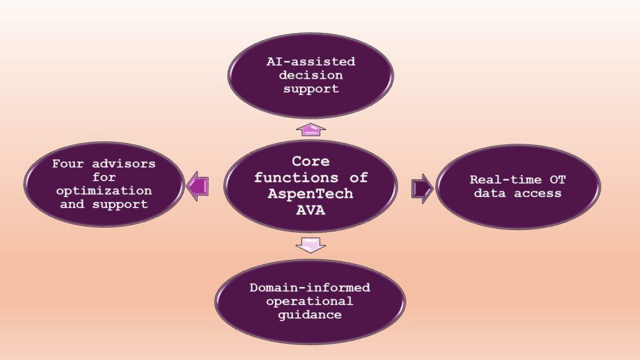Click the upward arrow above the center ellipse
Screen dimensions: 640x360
point(311,129)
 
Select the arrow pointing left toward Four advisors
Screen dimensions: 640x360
point(197,186)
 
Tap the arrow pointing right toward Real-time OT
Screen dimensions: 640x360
point(422,189)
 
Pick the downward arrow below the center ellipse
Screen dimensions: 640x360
point(311,245)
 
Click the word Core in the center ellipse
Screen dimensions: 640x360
point(311,161)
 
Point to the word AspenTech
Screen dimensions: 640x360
point(311,194)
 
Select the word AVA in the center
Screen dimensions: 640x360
point(311,210)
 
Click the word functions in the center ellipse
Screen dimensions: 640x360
point(296,177)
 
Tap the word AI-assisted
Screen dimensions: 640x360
point(311,62)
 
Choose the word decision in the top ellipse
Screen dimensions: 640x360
point(311,75)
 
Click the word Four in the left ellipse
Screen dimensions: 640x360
point(67,164)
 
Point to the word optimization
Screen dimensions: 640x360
point(104,191)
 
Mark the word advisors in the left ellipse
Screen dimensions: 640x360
point(124,164)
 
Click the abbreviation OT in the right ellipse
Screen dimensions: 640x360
point(558,179)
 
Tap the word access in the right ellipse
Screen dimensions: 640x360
point(537,193)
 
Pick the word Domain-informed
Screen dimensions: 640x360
point(310,287)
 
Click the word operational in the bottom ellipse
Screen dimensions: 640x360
point(310,301)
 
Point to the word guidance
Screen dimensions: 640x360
point(310,315)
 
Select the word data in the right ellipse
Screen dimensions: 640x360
point(489,193)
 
